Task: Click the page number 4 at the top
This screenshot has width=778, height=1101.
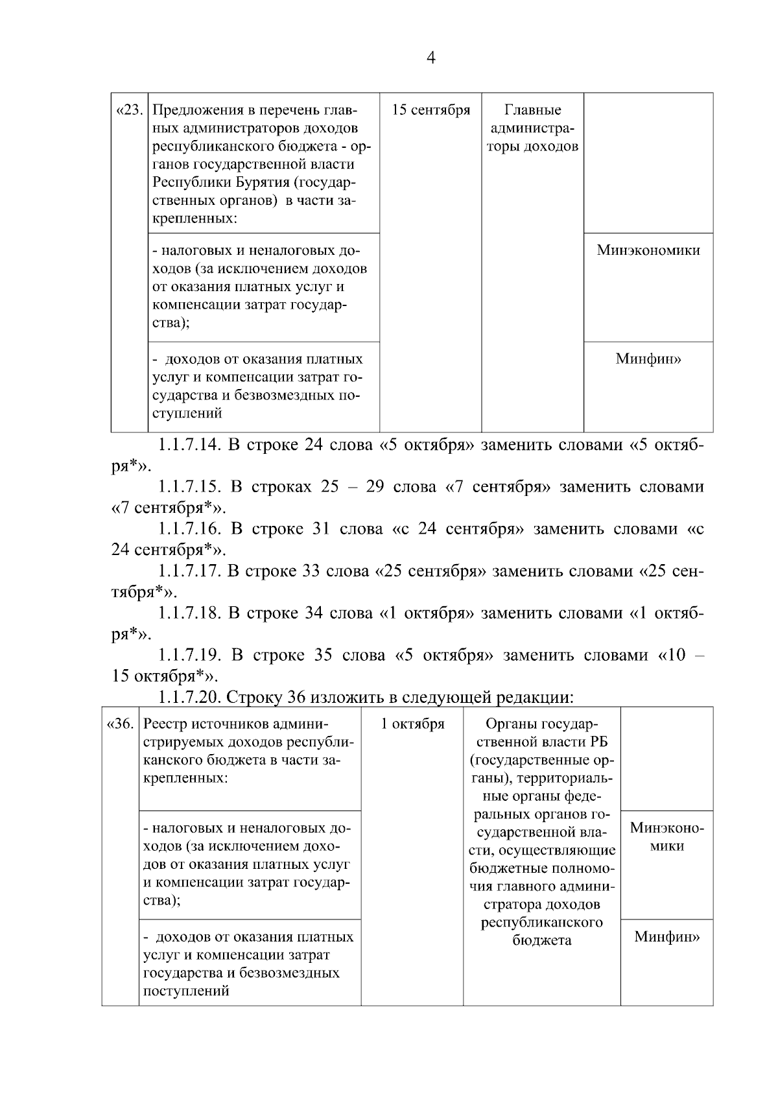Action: coord(430,58)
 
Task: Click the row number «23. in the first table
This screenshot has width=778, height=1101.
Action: coord(129,110)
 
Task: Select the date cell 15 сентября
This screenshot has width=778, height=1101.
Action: coord(430,110)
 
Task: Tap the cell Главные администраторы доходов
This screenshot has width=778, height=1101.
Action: coord(532,128)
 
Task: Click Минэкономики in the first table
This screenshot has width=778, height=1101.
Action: coord(648,250)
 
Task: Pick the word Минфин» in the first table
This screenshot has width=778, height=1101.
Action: coord(648,359)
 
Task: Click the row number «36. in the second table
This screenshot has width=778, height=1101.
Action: coord(120,724)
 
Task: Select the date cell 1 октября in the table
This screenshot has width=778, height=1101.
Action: coord(412,724)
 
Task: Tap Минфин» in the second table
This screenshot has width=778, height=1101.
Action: coord(667,937)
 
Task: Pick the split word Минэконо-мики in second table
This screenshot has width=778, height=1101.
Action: coord(667,836)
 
